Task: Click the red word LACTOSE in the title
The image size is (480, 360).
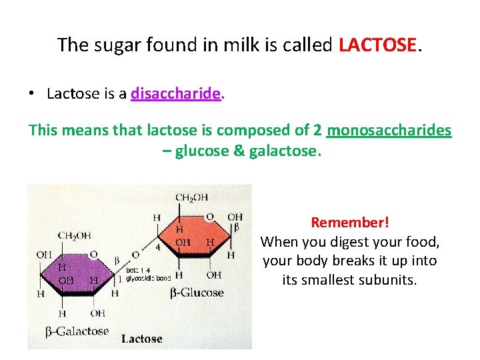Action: coord(378,45)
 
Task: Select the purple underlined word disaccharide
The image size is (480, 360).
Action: coord(176,94)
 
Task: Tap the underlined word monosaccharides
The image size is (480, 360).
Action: coord(389,130)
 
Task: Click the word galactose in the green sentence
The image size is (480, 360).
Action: coord(284,151)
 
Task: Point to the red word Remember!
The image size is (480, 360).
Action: coord(350,222)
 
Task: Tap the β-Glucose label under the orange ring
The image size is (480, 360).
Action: coord(197,293)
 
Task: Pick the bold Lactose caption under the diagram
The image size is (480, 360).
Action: coord(142,339)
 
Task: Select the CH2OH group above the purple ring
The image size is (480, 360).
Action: coord(74,235)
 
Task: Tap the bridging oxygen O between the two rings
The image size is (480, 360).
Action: coord(135,254)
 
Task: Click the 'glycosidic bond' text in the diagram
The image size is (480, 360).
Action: coord(149,277)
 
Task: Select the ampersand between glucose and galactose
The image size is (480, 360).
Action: coord(239,151)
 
